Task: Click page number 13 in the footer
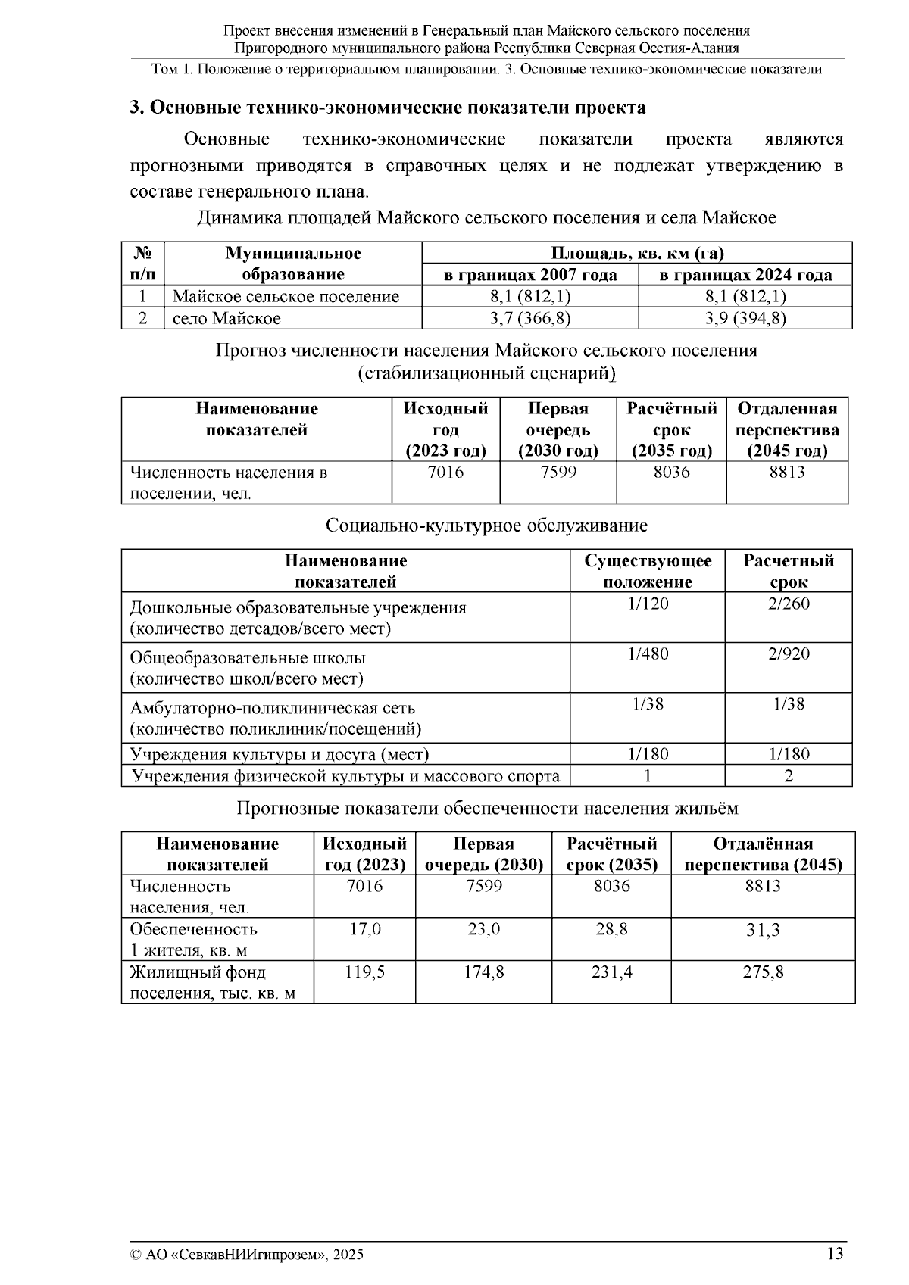[x=835, y=1254]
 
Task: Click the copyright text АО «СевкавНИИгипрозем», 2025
[x=247, y=1255]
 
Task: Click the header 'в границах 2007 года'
[x=529, y=275]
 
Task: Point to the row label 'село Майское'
[x=226, y=318]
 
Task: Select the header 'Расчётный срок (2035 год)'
[x=671, y=429]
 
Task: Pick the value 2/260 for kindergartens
[x=788, y=604]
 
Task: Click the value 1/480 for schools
[x=648, y=653]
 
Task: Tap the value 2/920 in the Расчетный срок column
[x=788, y=653]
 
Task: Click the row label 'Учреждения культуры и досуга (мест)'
[x=280, y=754]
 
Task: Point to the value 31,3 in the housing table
[x=763, y=930]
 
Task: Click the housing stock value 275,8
[x=763, y=972]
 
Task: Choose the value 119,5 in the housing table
[x=364, y=972]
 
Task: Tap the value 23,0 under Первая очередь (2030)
[x=483, y=929]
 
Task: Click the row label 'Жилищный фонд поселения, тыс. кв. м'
[x=212, y=982]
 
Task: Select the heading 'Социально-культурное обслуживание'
[x=486, y=525]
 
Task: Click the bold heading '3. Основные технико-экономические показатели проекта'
[x=387, y=108]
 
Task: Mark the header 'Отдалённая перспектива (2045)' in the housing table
[x=763, y=854]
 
